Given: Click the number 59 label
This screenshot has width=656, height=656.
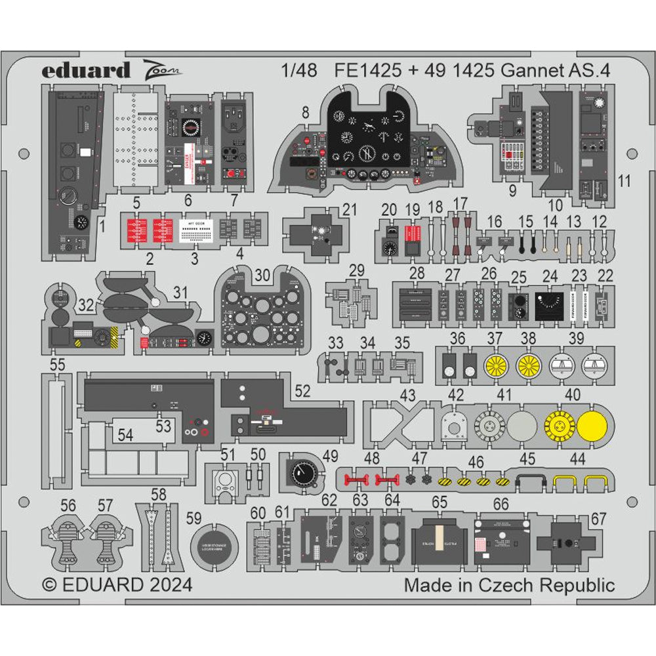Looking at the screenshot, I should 194,518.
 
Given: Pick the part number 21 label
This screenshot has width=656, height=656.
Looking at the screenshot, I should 350,209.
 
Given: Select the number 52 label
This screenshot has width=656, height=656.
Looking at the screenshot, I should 302,390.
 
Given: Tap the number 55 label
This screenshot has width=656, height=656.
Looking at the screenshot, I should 57,364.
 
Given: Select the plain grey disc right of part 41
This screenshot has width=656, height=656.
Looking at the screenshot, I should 522,421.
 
